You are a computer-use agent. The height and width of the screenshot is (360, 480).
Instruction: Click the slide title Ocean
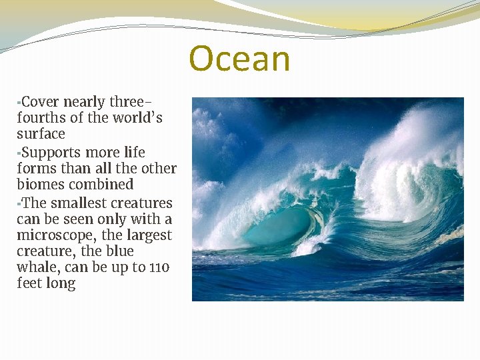[239, 59]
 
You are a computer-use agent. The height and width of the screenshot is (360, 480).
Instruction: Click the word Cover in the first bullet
[40, 102]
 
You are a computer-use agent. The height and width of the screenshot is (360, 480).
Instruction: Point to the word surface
[41, 135]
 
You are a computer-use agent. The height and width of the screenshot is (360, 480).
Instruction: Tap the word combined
[103, 185]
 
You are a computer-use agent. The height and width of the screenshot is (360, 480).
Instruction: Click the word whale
[36, 267]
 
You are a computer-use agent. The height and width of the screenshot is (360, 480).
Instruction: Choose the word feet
[29, 283]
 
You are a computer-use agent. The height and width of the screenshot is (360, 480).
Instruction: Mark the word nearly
[85, 103]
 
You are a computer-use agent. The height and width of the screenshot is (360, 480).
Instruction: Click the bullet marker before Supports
[19, 151]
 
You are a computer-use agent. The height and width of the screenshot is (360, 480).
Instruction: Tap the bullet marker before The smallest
[19, 202]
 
